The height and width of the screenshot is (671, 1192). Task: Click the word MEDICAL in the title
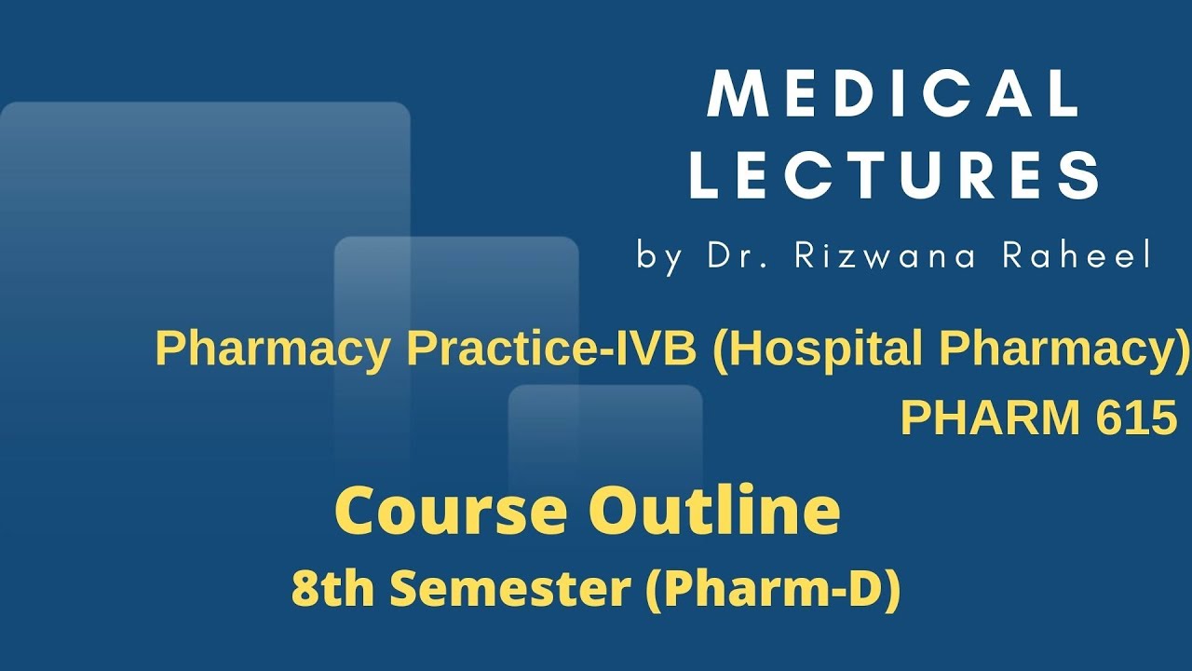(894, 94)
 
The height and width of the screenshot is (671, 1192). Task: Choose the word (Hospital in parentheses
(820, 350)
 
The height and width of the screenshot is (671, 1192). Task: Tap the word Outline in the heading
(715, 511)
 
